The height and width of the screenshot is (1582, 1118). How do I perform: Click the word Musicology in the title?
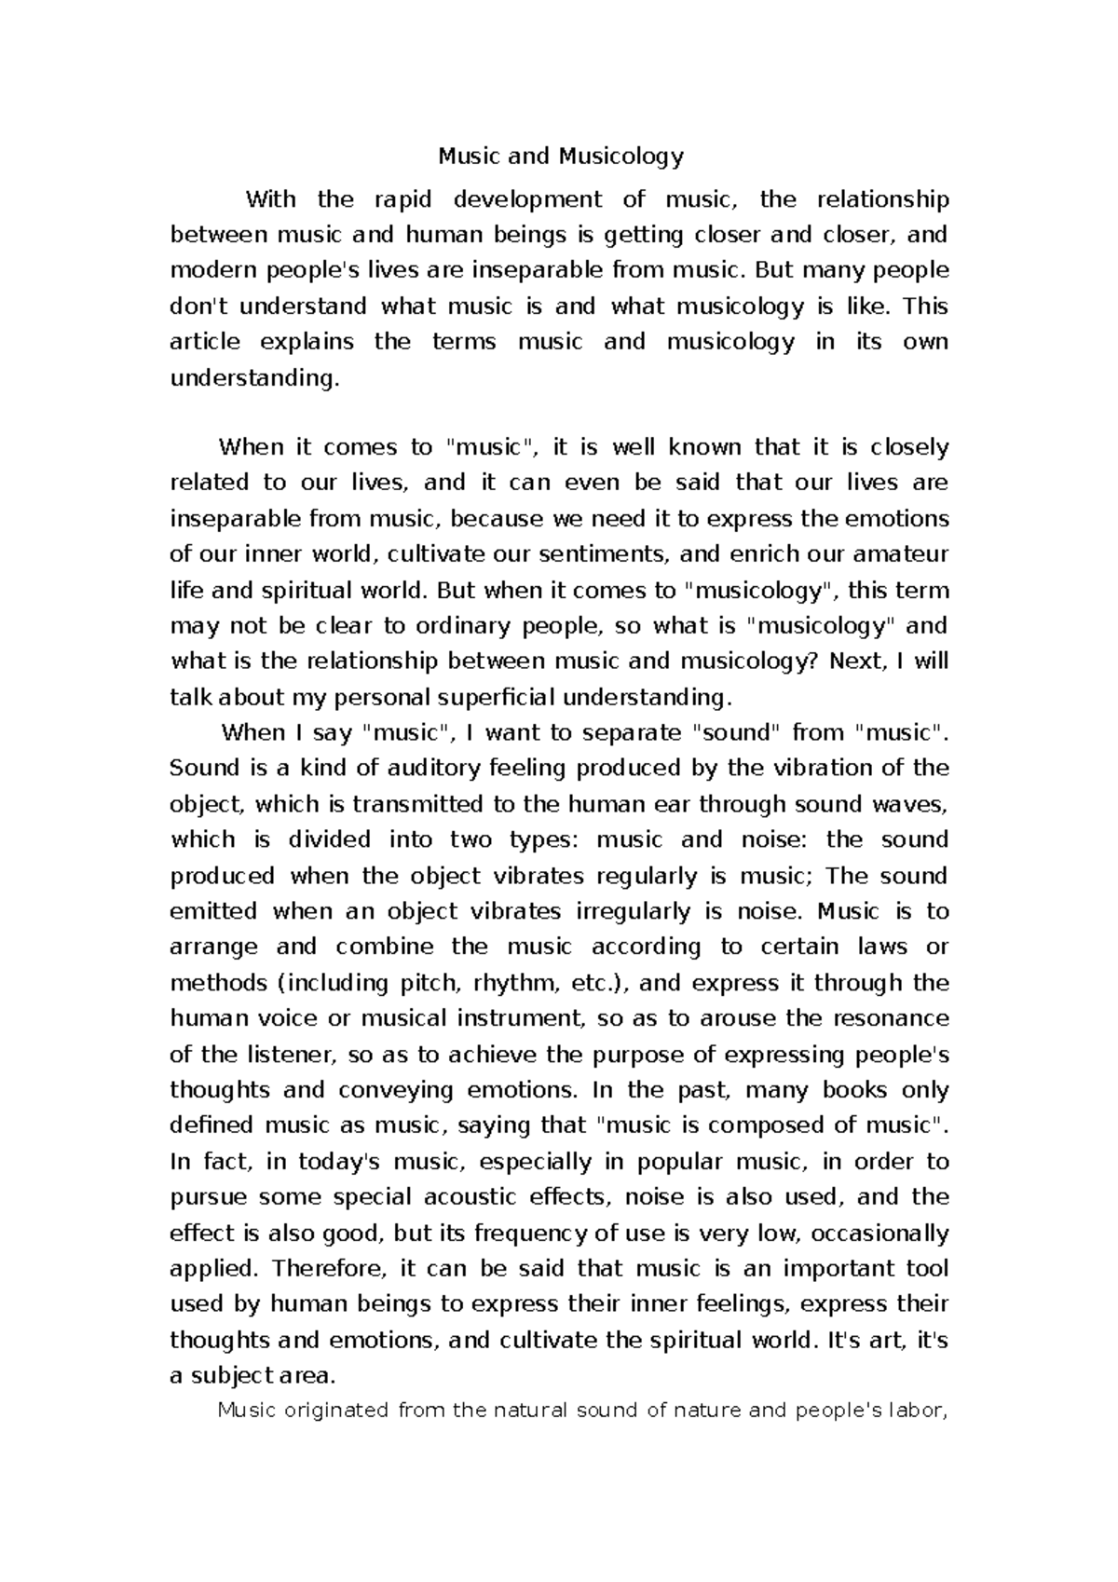point(621,157)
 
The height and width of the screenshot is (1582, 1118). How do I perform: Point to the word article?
point(205,342)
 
